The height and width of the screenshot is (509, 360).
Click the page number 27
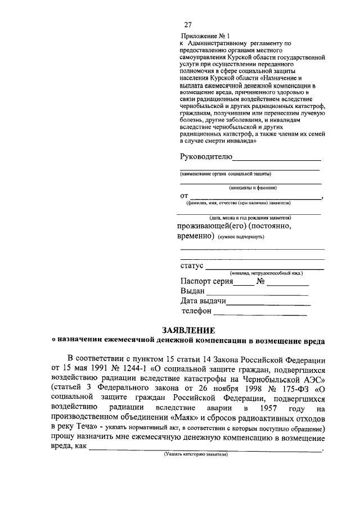(x=188, y=25)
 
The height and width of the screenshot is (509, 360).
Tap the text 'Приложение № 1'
(x=203, y=34)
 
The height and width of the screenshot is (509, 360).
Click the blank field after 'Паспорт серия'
(x=244, y=284)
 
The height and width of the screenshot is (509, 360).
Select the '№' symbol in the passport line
(x=260, y=281)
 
